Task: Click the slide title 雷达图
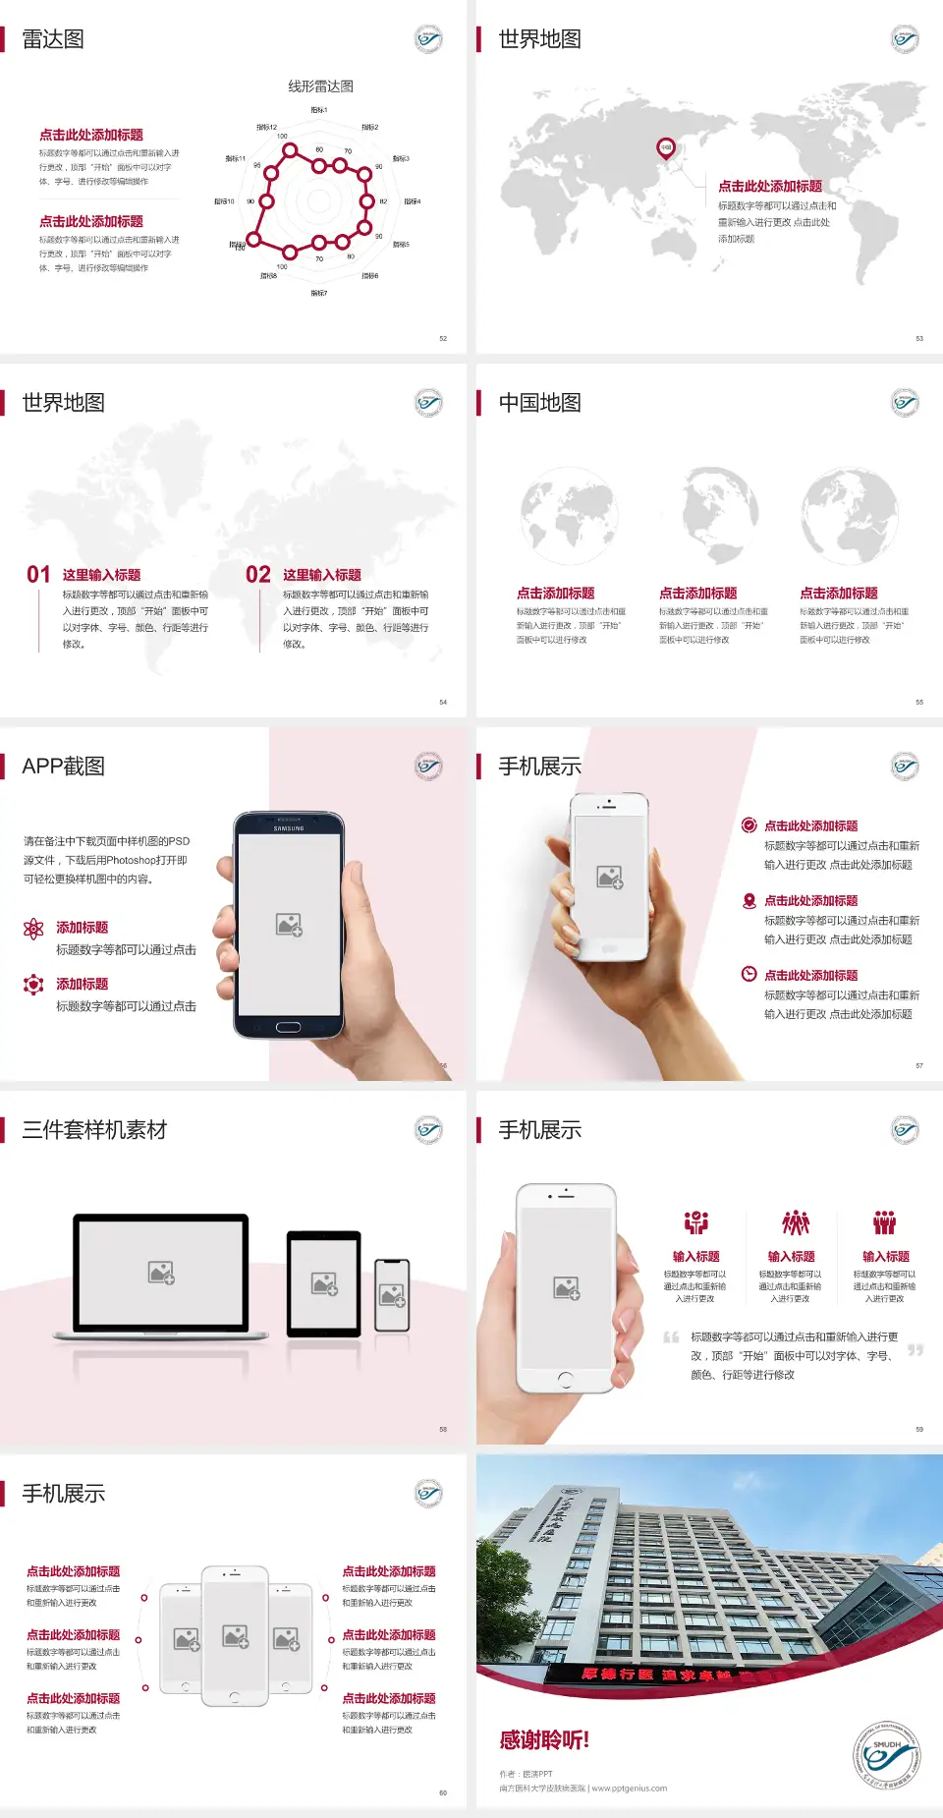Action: click(x=53, y=39)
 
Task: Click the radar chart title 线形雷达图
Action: click(x=320, y=86)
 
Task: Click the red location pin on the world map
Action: click(x=666, y=148)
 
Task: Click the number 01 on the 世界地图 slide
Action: click(x=38, y=575)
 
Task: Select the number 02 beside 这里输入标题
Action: click(x=258, y=575)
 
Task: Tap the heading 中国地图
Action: click(x=539, y=403)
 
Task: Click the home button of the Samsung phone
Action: click(x=288, y=1027)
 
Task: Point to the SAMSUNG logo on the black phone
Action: click(x=289, y=828)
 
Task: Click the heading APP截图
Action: click(x=63, y=767)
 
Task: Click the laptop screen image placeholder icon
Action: click(x=161, y=1273)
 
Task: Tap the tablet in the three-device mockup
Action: click(x=324, y=1283)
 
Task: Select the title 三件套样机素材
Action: click(x=94, y=1130)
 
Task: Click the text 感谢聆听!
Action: click(x=544, y=1740)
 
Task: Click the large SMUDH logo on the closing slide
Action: click(x=886, y=1755)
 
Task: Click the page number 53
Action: click(x=919, y=339)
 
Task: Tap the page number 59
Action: click(x=919, y=1430)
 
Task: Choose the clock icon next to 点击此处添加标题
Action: click(x=749, y=974)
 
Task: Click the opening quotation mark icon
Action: click(x=671, y=1337)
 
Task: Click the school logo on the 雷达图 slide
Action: click(x=428, y=39)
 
